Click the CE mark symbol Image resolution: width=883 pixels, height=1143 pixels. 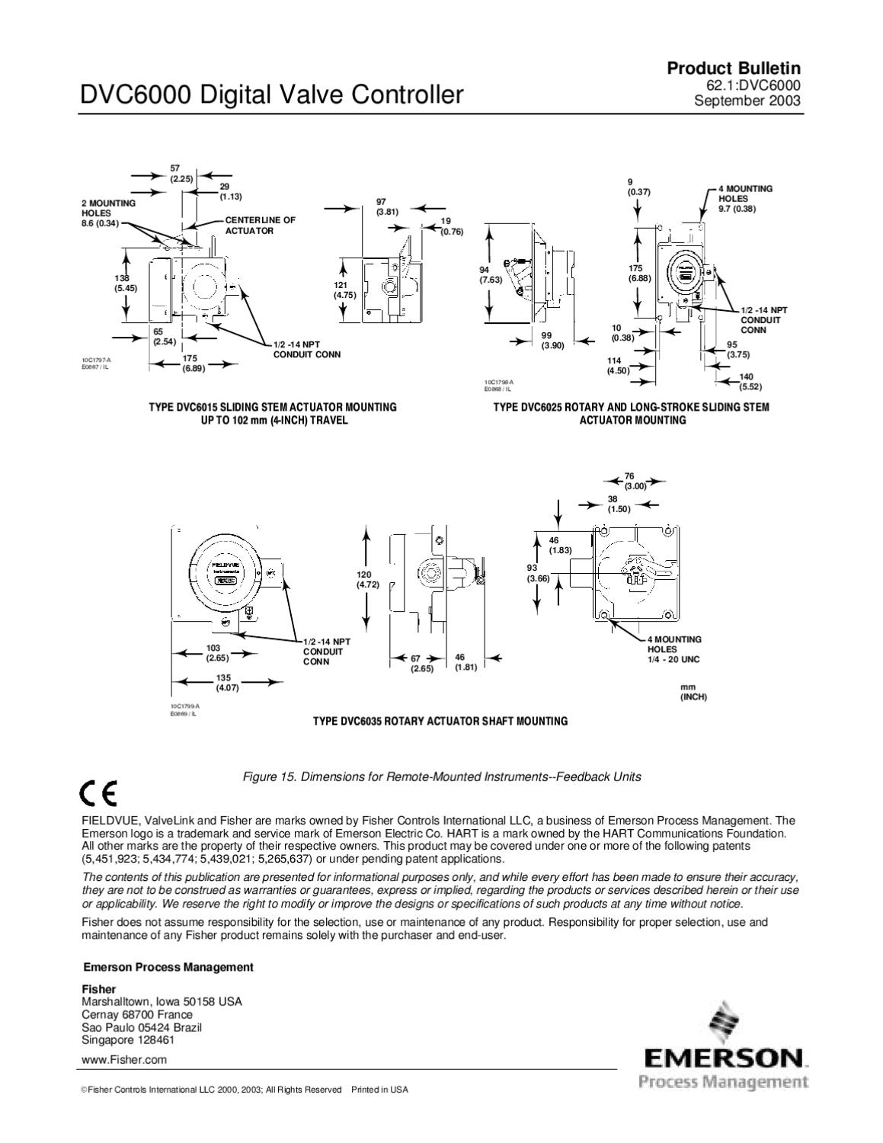(98, 795)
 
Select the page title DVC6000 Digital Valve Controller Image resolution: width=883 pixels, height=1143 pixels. (272, 95)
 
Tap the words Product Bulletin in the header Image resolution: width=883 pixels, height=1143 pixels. (734, 69)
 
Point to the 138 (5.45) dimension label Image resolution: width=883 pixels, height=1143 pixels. (126, 283)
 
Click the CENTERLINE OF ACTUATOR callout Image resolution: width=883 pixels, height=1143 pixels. (259, 225)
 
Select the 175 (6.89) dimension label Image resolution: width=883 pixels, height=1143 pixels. (190, 363)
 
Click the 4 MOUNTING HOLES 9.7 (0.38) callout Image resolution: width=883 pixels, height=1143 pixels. (743, 198)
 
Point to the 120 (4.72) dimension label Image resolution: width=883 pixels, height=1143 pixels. (367, 579)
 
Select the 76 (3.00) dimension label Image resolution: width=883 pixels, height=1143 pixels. (634, 481)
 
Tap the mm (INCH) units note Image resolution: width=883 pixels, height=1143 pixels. (693, 692)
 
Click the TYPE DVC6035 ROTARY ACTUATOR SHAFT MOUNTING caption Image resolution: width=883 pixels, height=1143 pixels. (440, 721)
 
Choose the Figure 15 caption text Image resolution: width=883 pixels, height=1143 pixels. (441, 776)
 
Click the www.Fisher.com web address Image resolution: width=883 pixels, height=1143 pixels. (124, 1059)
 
